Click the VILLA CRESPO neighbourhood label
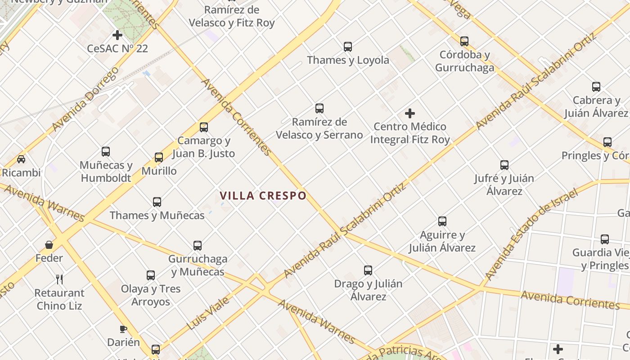[263, 196]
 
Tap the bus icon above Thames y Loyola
[348, 46]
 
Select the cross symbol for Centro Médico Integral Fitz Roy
[409, 113]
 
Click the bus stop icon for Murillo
[159, 157]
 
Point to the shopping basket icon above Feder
[49, 245]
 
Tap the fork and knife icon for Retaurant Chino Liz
[59, 279]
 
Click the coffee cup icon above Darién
[123, 329]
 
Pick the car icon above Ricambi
[21, 159]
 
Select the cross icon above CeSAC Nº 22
[117, 35]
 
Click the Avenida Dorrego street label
[85, 99]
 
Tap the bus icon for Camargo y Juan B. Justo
[204, 127]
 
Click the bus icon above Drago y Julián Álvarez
[368, 270]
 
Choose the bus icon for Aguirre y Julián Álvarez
[442, 221]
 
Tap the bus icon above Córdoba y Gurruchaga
[464, 41]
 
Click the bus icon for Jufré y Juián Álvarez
[504, 165]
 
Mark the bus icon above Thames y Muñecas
[157, 202]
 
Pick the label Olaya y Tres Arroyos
[151, 295]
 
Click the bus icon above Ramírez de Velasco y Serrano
[319, 108]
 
